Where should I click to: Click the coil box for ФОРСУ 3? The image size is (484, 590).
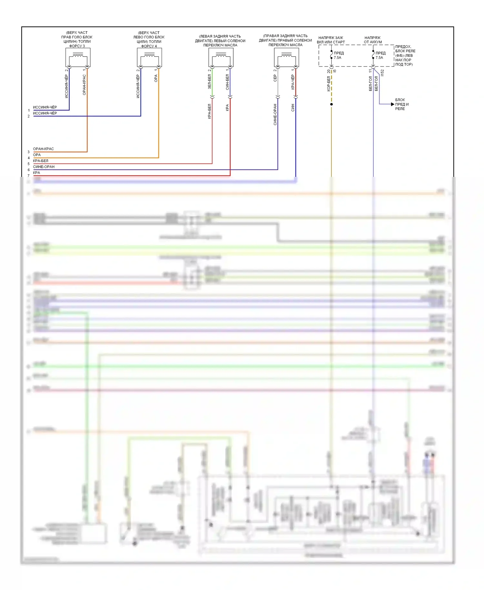pos(78,57)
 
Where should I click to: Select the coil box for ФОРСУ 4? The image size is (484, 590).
pos(149,57)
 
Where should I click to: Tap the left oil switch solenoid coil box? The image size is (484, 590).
pos(221,57)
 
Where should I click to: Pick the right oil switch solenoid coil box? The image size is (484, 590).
pos(287,57)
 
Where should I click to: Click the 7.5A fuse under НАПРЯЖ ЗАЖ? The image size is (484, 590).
pos(331,55)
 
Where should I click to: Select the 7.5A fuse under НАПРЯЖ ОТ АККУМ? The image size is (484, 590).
pos(373,55)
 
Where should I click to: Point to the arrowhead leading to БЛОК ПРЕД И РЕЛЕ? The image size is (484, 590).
pos(392,104)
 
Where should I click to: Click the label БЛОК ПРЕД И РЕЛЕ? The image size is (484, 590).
pos(402,104)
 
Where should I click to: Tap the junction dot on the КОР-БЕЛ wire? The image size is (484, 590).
pos(331,104)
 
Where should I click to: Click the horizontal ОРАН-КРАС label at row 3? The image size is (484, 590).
pos(43,149)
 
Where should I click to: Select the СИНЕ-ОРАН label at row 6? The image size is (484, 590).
pos(44,167)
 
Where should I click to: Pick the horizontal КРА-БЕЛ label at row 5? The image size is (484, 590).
pos(40,161)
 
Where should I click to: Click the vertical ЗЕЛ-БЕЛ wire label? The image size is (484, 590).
pos(209,82)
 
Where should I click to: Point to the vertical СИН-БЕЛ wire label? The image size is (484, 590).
pos(227,82)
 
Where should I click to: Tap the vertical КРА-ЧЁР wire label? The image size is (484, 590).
pos(293,82)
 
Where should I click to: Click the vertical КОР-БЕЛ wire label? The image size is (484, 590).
pos(328,84)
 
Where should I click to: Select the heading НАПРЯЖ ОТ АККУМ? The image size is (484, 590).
pos(373,40)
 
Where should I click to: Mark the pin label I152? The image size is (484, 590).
pos(382,73)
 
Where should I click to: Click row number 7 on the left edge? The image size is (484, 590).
pos(28,176)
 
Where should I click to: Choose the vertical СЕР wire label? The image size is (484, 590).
pos(275,78)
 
